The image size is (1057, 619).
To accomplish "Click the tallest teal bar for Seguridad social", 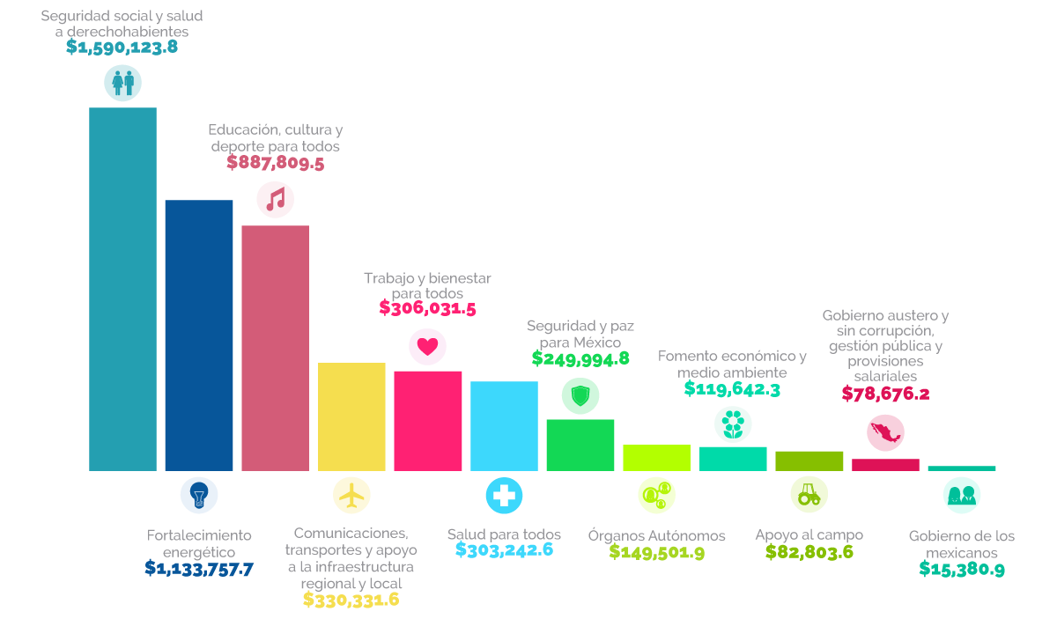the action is (x=122, y=289).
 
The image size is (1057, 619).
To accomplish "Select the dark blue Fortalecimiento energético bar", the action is (x=199, y=335).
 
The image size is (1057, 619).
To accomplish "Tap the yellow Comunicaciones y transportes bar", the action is (x=351, y=416).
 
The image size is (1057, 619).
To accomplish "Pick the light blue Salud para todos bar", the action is (x=504, y=426).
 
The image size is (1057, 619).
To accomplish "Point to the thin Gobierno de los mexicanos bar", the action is (x=962, y=468).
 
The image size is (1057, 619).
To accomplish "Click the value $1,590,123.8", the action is (x=122, y=48).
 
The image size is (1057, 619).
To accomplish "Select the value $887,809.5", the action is (x=276, y=163).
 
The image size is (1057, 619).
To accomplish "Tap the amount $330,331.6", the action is (x=351, y=600).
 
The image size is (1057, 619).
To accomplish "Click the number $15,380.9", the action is (x=962, y=569).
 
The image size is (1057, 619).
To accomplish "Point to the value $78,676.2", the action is (x=886, y=394).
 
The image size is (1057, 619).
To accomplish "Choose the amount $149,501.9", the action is (x=657, y=551).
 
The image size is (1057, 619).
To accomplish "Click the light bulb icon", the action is (x=199, y=496).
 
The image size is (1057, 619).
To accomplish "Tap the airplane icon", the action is (x=351, y=496).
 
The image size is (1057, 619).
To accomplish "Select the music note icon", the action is (x=276, y=200).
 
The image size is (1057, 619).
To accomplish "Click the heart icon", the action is (x=427, y=347).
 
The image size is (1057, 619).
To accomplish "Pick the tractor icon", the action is (x=809, y=495).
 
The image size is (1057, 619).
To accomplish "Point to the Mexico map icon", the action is (x=886, y=433).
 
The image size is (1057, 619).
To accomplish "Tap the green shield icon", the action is (x=580, y=396).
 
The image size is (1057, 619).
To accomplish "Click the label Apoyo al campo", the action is (x=809, y=535).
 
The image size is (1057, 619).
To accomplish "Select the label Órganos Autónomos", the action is (x=657, y=535).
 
